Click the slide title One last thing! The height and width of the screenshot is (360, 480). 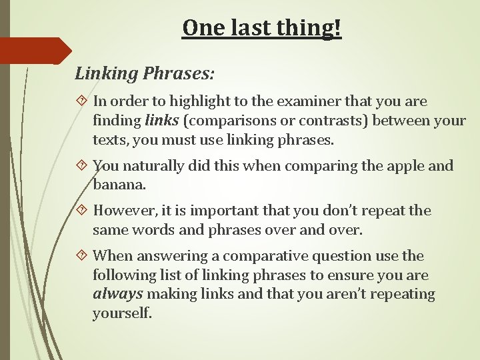click(261, 28)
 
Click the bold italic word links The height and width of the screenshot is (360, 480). click(161, 121)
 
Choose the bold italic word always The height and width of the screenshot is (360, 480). click(117, 294)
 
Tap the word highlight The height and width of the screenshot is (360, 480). click(197, 101)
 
